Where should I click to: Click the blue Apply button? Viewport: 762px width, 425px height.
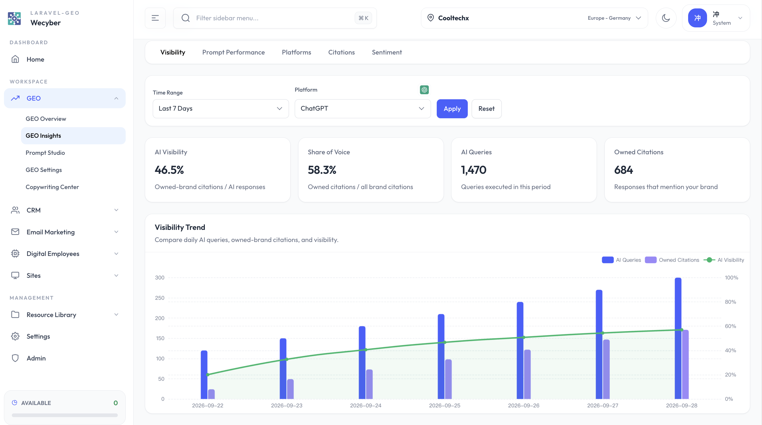point(452,109)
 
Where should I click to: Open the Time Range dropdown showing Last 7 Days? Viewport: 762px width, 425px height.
point(221,109)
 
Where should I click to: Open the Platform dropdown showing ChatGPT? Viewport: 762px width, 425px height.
point(363,109)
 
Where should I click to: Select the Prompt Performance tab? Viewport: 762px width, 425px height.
point(233,52)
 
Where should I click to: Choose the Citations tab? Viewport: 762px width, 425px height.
point(341,52)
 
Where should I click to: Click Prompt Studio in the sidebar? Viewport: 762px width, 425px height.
point(45,153)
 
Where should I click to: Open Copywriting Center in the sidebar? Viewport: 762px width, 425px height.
point(52,187)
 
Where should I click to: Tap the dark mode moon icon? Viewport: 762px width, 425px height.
point(666,18)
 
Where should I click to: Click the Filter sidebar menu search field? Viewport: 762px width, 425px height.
point(275,18)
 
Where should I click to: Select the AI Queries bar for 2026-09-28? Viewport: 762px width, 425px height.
point(678,338)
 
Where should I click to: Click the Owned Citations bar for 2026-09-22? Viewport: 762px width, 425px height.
point(211,394)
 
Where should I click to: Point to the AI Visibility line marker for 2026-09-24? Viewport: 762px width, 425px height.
point(366,350)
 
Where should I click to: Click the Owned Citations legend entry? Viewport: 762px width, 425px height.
point(672,260)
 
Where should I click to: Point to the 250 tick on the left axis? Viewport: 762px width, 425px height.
point(160,298)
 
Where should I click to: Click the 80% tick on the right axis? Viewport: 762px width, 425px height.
point(730,302)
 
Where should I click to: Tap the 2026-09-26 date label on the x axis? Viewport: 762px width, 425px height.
point(524,406)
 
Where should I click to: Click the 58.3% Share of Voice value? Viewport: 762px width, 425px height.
point(322,170)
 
